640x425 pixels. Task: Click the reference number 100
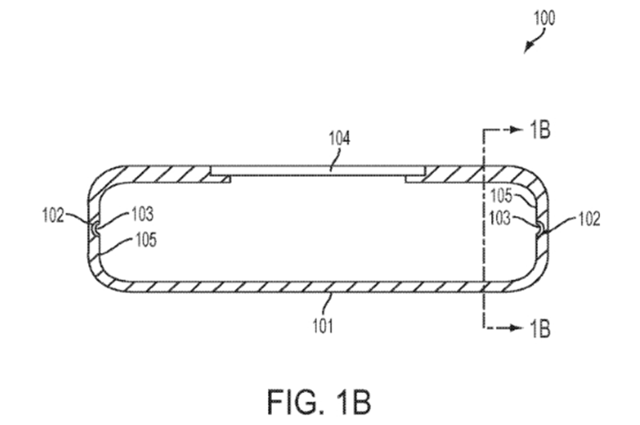click(545, 18)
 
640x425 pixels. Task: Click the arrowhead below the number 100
click(528, 48)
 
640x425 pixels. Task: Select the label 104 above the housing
click(339, 138)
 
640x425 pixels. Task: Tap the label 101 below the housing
click(323, 327)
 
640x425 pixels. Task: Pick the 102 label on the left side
click(53, 215)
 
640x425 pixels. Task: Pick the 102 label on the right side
click(590, 219)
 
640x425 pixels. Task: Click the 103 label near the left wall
click(142, 215)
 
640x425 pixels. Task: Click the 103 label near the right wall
click(500, 219)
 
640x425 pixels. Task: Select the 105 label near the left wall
click(146, 240)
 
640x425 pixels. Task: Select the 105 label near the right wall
click(501, 195)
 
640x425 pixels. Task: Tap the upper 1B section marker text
click(539, 130)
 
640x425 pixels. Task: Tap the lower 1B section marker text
click(539, 328)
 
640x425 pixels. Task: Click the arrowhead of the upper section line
click(518, 130)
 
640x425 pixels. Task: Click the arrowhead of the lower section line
click(518, 328)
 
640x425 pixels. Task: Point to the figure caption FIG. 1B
click(319, 402)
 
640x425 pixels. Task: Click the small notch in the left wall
click(94, 230)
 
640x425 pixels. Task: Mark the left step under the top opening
click(221, 178)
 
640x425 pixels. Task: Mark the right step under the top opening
click(415, 178)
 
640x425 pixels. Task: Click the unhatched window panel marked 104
click(318, 171)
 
